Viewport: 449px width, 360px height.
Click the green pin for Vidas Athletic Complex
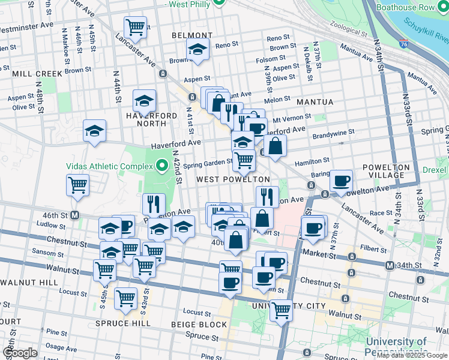[x=161, y=165]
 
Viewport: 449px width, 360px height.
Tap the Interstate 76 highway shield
[x=403, y=43]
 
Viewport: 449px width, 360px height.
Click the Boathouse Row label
[x=413, y=8]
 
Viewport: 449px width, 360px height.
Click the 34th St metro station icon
[x=389, y=265]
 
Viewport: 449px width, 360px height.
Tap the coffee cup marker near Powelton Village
[x=341, y=181]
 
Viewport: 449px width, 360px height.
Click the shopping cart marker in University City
[x=280, y=310]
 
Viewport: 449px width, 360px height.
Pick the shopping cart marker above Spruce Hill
[x=125, y=297]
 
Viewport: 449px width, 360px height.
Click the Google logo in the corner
[x=20, y=353]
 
